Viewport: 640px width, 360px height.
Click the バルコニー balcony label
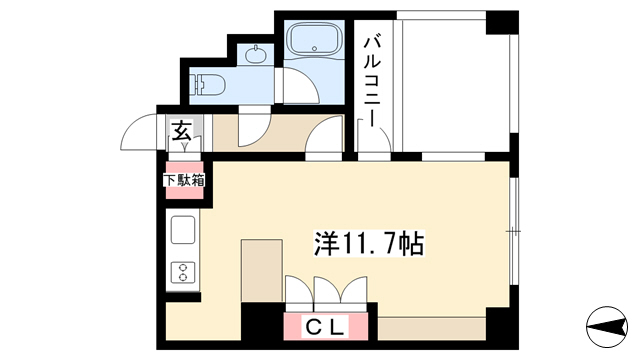click(x=372, y=82)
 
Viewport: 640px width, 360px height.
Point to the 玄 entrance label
click(x=181, y=131)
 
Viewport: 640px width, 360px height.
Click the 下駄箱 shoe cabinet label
click(x=184, y=180)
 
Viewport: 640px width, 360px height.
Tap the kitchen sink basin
click(x=183, y=230)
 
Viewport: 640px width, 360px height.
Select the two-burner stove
click(x=183, y=272)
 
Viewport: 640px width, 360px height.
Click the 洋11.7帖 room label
click(x=369, y=243)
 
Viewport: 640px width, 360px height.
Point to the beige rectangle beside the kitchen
click(x=262, y=271)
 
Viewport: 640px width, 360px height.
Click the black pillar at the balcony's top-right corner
click(x=502, y=22)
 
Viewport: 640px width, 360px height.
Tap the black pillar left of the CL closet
click(x=262, y=326)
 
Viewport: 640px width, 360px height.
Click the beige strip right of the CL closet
click(x=431, y=328)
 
